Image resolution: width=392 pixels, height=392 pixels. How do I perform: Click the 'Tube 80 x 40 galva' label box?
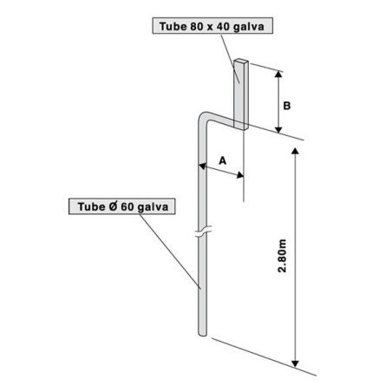coord(212,26)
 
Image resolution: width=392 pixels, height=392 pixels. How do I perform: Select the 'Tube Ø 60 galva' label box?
coord(122,206)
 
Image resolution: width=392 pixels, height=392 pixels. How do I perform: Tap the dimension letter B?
coord(286,106)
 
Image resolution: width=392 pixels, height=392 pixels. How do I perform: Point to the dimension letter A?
coord(222,160)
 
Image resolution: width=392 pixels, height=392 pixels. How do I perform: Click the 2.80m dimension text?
coord(282,256)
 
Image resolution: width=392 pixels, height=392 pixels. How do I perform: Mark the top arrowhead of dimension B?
coord(278,74)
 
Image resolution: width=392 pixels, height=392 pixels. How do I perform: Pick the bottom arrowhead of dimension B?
coord(278,129)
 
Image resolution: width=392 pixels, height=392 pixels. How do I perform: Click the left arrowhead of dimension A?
coord(202,166)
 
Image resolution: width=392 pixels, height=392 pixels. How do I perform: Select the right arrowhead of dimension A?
coord(240,175)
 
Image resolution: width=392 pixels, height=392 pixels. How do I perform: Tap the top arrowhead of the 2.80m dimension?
coord(295,151)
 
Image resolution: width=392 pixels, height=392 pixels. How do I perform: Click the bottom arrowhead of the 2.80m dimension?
coord(295,363)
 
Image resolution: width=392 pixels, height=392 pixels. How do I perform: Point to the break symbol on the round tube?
coord(203,232)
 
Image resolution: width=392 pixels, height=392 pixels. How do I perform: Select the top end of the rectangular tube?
coord(241,61)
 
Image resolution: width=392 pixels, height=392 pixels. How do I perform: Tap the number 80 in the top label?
coord(196,27)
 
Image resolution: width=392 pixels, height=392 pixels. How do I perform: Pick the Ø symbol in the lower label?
coord(113,206)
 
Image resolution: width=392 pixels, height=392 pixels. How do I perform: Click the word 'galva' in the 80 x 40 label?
coord(248,27)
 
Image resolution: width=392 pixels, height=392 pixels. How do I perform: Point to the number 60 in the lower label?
coord(127,206)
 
